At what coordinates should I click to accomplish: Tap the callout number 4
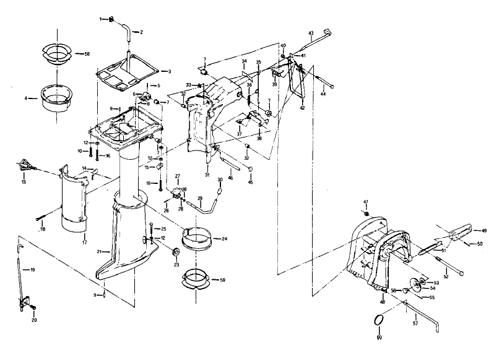coord(26,98)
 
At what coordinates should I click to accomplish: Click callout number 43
coord(311,32)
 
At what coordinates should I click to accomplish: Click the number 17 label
coord(84,242)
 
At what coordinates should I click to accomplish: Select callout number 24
coord(224,238)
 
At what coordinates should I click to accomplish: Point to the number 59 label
coord(223,281)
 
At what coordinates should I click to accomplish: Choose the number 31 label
coord(207,175)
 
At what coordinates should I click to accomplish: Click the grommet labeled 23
coord(175,251)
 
